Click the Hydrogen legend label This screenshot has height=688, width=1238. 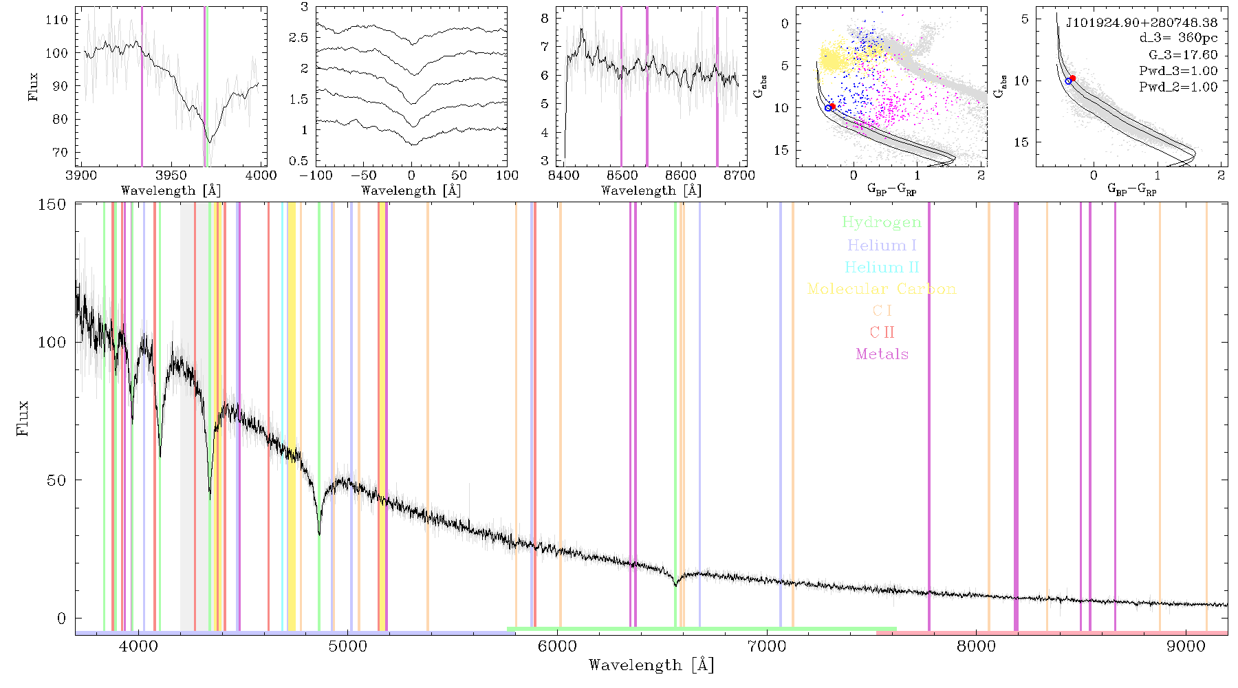coord(881,222)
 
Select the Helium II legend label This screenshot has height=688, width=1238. coord(881,267)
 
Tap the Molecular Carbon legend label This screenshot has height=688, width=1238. coord(882,289)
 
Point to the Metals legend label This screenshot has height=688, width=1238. coord(882,354)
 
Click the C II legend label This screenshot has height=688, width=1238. coord(882,332)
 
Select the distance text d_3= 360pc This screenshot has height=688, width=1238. coord(1169,38)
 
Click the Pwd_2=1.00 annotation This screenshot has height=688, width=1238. coord(1178,87)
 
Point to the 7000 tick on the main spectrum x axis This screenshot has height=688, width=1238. coord(766,646)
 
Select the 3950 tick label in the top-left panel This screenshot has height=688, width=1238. coord(171,175)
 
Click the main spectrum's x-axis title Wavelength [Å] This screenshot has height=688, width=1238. coord(651,665)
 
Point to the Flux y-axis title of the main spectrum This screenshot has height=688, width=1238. coord(23,418)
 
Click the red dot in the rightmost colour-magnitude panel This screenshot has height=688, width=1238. coord(1072,78)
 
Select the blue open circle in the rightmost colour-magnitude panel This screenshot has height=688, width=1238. coord(1068,81)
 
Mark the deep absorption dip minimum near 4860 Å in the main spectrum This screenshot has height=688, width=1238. coord(319,533)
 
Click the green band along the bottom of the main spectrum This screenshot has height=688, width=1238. coord(702,629)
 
